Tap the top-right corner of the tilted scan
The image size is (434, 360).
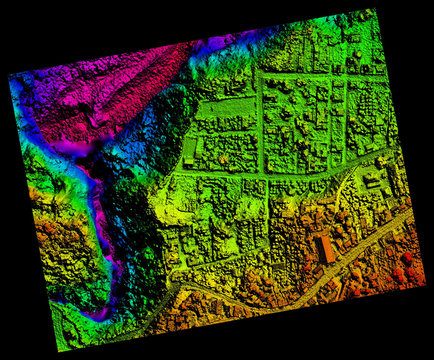click(376, 10)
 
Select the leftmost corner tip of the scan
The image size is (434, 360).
click(8, 75)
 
